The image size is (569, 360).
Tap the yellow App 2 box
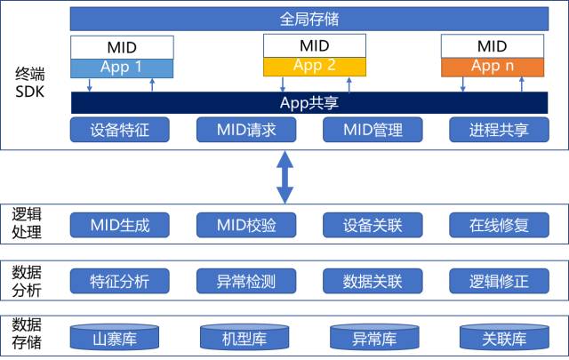point(314,66)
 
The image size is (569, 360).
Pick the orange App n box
point(492,67)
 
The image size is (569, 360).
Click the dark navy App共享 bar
point(308,102)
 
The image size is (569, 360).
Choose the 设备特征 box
point(119,130)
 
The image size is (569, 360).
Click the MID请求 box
point(245,130)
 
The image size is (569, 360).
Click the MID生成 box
point(119,225)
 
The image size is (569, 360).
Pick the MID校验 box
point(245,225)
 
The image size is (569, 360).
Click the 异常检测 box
point(245,283)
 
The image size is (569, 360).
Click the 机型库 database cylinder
point(244,337)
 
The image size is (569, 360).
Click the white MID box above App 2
point(314,45)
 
